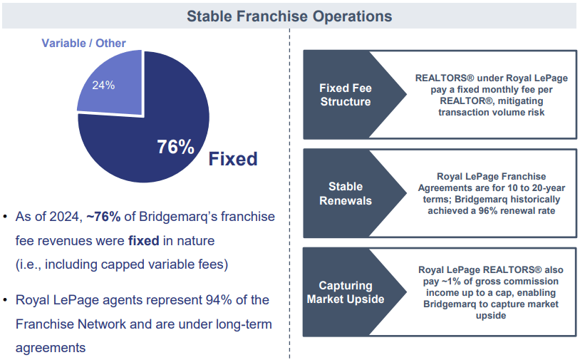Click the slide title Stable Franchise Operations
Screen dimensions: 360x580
tap(289, 15)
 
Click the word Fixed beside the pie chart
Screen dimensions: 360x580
tap(232, 158)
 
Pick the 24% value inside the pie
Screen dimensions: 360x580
tap(103, 85)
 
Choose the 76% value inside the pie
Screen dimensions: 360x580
tap(175, 147)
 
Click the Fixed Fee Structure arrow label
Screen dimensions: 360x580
tap(345, 95)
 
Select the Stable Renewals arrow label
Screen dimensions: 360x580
tap(345, 193)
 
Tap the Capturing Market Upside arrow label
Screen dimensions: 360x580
tap(345, 292)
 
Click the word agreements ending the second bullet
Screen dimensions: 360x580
tap(51, 348)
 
